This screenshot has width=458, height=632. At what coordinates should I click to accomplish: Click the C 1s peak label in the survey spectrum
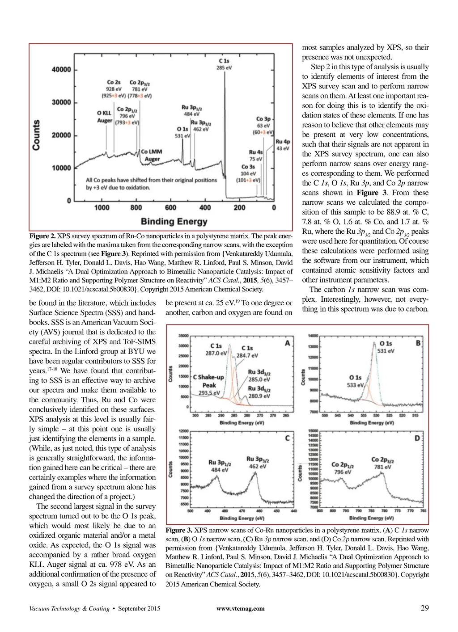pos(224,64)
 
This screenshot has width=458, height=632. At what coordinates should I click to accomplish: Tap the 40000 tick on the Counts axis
pos(61,69)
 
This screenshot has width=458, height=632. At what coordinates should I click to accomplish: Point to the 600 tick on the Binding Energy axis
pos(170,207)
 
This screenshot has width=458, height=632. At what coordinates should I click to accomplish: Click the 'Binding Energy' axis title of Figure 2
pos(174,221)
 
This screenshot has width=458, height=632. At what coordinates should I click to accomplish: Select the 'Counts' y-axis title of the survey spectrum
pos(36,135)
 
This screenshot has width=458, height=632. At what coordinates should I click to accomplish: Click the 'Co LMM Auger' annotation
pos(152,155)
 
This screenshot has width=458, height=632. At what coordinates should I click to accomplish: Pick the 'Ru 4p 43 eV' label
pos(283,145)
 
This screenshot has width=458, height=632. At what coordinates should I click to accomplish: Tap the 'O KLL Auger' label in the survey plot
pos(105,117)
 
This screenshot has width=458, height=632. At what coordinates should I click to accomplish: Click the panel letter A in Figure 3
pos(287,343)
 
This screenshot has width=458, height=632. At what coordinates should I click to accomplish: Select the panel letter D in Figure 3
pos(417,438)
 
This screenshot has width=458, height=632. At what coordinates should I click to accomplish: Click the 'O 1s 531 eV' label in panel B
pos(386,347)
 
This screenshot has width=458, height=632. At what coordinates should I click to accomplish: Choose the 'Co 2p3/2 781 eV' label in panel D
pos(382,463)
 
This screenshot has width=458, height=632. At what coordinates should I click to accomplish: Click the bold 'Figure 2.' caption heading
pos(42,236)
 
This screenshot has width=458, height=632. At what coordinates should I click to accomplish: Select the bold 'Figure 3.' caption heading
pos(178,530)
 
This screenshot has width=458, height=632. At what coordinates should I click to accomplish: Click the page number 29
pos(424,608)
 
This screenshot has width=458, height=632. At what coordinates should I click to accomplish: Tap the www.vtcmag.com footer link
pos(240,608)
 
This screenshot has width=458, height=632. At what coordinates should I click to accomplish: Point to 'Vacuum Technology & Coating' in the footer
pos(69,608)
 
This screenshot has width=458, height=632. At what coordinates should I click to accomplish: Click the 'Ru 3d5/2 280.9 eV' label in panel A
pos(259,392)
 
